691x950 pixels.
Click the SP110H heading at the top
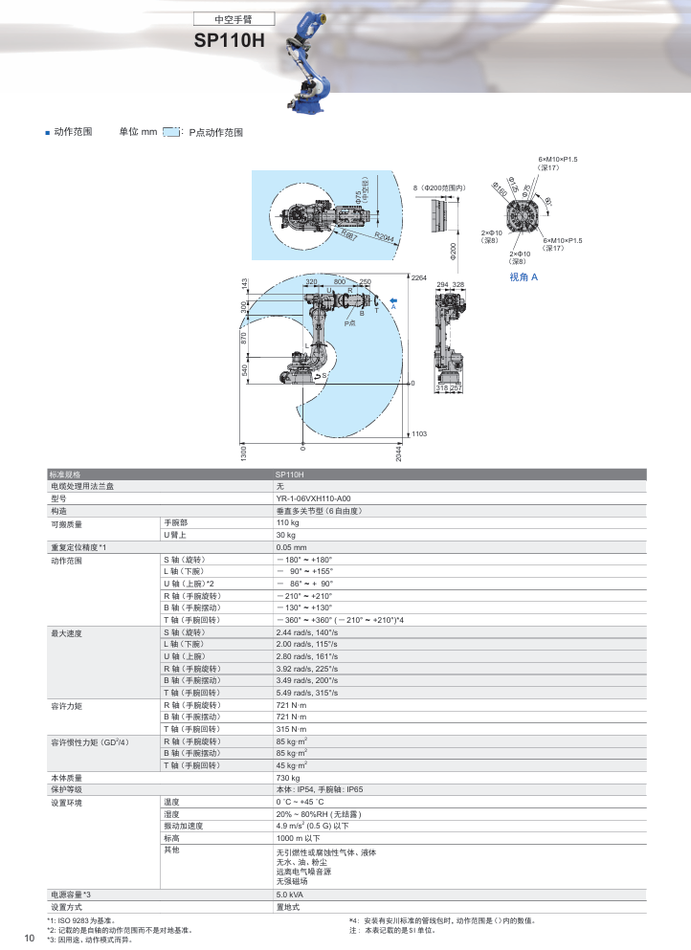[229, 41]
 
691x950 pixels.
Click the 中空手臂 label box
[234, 18]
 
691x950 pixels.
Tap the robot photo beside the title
[314, 58]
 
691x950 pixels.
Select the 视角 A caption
[524, 276]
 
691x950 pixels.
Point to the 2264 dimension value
[418, 277]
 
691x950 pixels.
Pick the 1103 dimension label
[418, 433]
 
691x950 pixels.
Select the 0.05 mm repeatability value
[291, 547]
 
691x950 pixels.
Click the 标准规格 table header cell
[71, 475]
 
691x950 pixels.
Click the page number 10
[29, 938]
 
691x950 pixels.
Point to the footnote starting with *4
[441, 920]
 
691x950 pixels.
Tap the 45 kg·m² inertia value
[291, 765]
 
